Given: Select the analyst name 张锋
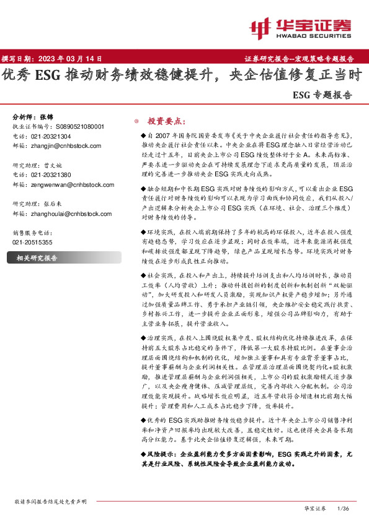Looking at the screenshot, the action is click(47, 117).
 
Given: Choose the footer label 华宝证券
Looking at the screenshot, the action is click(314, 507).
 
